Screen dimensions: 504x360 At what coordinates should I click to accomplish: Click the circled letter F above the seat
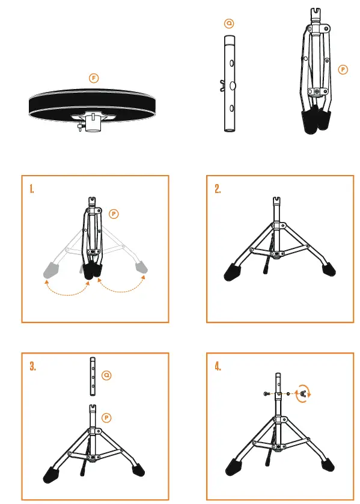(93, 78)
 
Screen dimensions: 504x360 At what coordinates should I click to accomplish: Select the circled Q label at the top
(228, 23)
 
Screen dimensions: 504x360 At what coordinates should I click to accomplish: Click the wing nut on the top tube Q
(224, 85)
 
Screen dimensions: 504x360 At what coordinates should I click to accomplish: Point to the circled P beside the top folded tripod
(343, 70)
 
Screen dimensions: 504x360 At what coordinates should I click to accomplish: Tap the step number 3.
(32, 367)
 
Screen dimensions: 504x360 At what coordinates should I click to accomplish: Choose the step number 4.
(218, 367)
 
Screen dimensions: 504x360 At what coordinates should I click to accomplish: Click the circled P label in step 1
(115, 213)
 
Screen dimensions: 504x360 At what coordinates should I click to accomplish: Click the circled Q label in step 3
(106, 376)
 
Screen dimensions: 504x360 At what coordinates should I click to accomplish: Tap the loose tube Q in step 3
(92, 377)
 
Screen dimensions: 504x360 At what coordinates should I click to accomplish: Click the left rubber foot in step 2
(231, 272)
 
